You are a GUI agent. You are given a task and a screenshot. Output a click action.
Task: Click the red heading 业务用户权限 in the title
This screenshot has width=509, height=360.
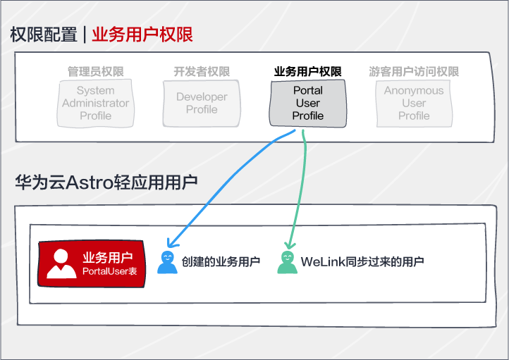142,35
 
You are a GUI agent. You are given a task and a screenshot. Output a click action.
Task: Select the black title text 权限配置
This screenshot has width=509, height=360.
44,35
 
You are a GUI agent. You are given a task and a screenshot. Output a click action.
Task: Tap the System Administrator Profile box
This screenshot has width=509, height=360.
95,104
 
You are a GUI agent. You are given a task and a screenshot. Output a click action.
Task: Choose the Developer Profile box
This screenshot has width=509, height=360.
202,104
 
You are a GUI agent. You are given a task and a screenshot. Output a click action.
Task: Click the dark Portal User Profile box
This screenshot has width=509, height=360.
308,104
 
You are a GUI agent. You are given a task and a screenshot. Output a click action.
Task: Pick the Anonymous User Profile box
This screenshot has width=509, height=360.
414,104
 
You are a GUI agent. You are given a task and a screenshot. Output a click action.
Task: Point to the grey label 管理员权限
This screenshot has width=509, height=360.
95,71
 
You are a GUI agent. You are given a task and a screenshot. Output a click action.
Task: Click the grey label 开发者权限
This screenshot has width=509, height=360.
202,71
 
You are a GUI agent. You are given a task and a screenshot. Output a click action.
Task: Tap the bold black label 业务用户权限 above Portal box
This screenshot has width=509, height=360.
308,71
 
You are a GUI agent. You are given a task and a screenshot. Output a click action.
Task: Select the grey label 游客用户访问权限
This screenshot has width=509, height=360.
414,71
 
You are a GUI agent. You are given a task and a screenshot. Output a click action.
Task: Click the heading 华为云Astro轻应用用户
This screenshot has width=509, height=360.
106,182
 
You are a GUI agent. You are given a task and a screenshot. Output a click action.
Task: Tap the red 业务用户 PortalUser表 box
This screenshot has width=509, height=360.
91,263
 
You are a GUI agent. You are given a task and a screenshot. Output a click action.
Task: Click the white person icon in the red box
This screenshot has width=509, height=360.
61,263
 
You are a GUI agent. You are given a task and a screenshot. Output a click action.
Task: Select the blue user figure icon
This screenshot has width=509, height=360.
167,262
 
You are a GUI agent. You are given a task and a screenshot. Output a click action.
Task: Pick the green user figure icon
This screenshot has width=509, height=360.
288,262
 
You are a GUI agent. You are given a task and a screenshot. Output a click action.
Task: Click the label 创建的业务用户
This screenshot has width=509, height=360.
221,261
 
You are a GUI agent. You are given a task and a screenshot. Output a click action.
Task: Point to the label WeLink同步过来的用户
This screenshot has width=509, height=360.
362,261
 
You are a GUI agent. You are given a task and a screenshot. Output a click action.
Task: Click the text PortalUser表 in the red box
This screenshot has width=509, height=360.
110,271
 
